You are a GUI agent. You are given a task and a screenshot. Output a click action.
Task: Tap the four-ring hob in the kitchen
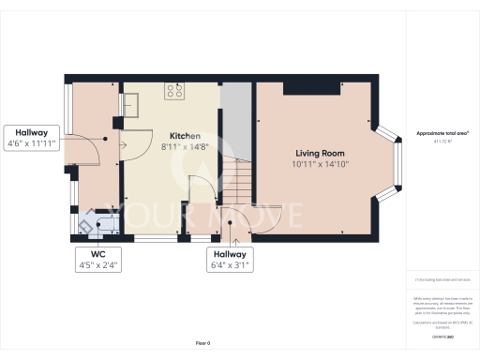coord(174,91)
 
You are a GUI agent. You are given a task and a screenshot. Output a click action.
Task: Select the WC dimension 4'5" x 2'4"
coord(98,265)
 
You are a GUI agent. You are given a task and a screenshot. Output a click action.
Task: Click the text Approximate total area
coord(442,133)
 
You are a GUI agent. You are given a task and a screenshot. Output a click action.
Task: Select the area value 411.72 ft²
coord(442,141)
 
